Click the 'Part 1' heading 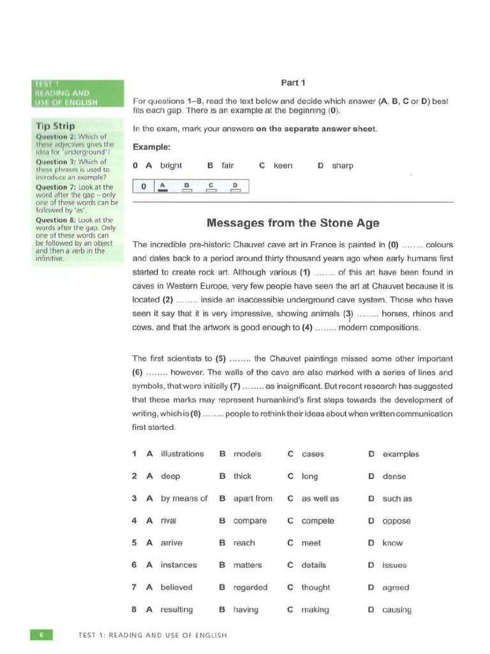pos(293,82)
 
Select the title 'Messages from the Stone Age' pos(293,223)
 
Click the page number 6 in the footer pos(41,635)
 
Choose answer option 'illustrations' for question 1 pos(182,454)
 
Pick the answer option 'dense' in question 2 pos(394,476)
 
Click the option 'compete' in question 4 pos(318,521)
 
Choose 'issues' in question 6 pos(394,565)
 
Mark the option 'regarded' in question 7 pos(250,588)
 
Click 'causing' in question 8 pos(396,610)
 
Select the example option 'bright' pos(171,165)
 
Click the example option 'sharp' pos(343,165)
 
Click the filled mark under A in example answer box pos(162,190)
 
